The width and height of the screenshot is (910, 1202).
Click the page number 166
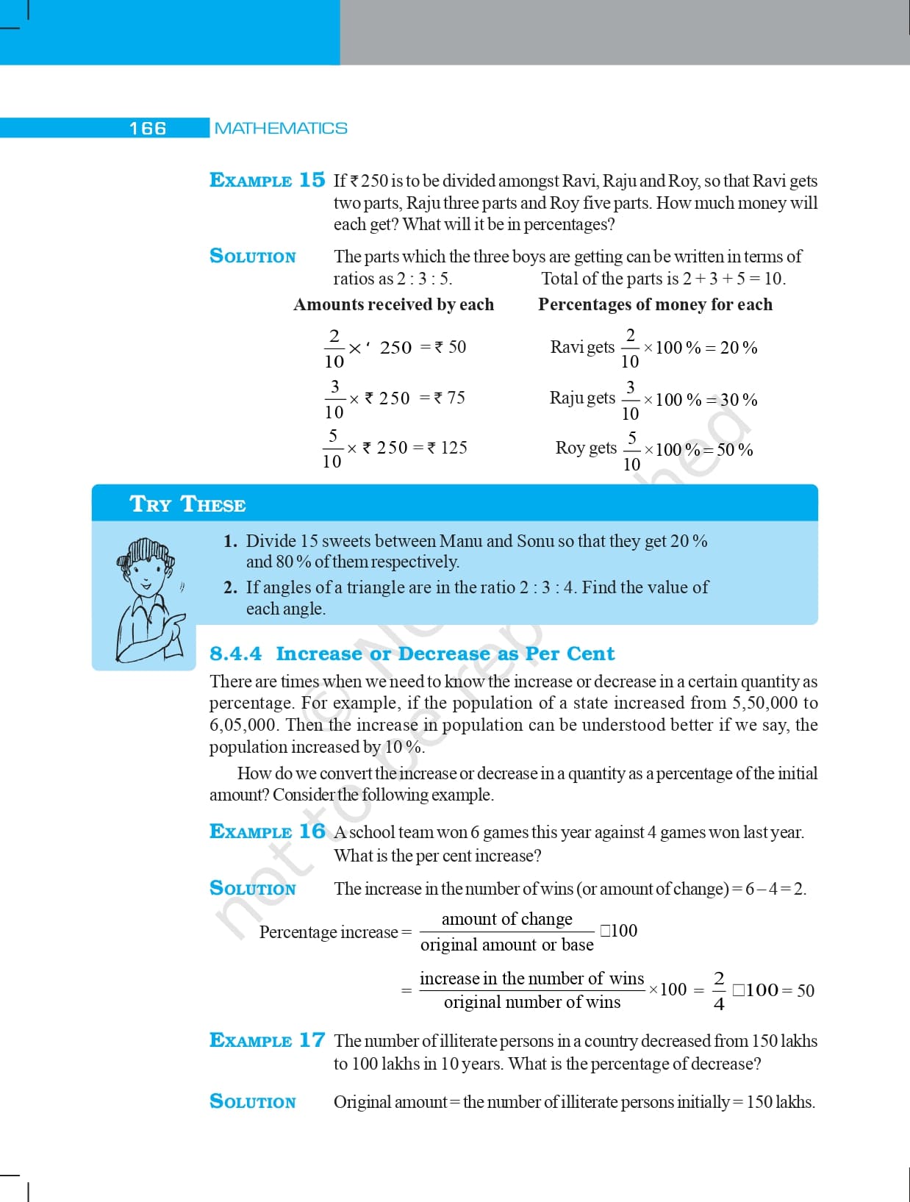pyautogui.click(x=148, y=129)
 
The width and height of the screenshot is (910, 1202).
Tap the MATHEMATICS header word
pyautogui.click(x=281, y=129)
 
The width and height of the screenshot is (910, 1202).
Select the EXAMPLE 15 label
pyautogui.click(x=267, y=180)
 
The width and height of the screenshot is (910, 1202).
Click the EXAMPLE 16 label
pyautogui.click(x=267, y=831)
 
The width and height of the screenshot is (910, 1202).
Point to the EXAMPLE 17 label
pyautogui.click(x=267, y=1040)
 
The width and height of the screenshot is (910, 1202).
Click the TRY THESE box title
pyautogui.click(x=187, y=504)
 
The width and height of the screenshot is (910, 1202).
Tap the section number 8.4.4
pyautogui.click(x=235, y=654)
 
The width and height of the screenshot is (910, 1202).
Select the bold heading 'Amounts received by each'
pyautogui.click(x=393, y=304)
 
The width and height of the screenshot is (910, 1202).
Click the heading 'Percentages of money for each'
pyautogui.click(x=655, y=304)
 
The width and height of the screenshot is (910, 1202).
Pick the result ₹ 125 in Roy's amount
pyautogui.click(x=448, y=448)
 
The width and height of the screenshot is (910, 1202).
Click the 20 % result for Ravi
pyautogui.click(x=739, y=348)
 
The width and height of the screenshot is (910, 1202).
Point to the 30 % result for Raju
pyautogui.click(x=739, y=400)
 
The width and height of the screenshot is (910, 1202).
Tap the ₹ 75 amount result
pyautogui.click(x=450, y=398)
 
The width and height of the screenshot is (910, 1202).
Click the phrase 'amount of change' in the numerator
pyautogui.click(x=506, y=919)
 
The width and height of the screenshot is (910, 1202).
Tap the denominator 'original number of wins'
pyautogui.click(x=532, y=1002)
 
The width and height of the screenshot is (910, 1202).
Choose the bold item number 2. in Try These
pyautogui.click(x=230, y=587)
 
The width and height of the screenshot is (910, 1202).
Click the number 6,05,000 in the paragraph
pyautogui.click(x=243, y=725)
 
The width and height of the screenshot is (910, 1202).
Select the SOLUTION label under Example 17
pyautogui.click(x=253, y=1101)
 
